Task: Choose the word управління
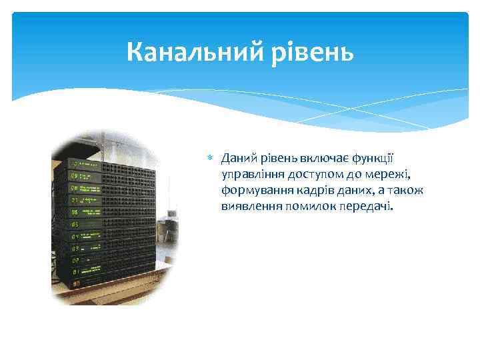pyautogui.click(x=253, y=175)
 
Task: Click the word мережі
pyautogui.click(x=387, y=175)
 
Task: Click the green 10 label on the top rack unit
pyautogui.click(x=73, y=163)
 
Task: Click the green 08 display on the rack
pyautogui.click(x=74, y=188)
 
